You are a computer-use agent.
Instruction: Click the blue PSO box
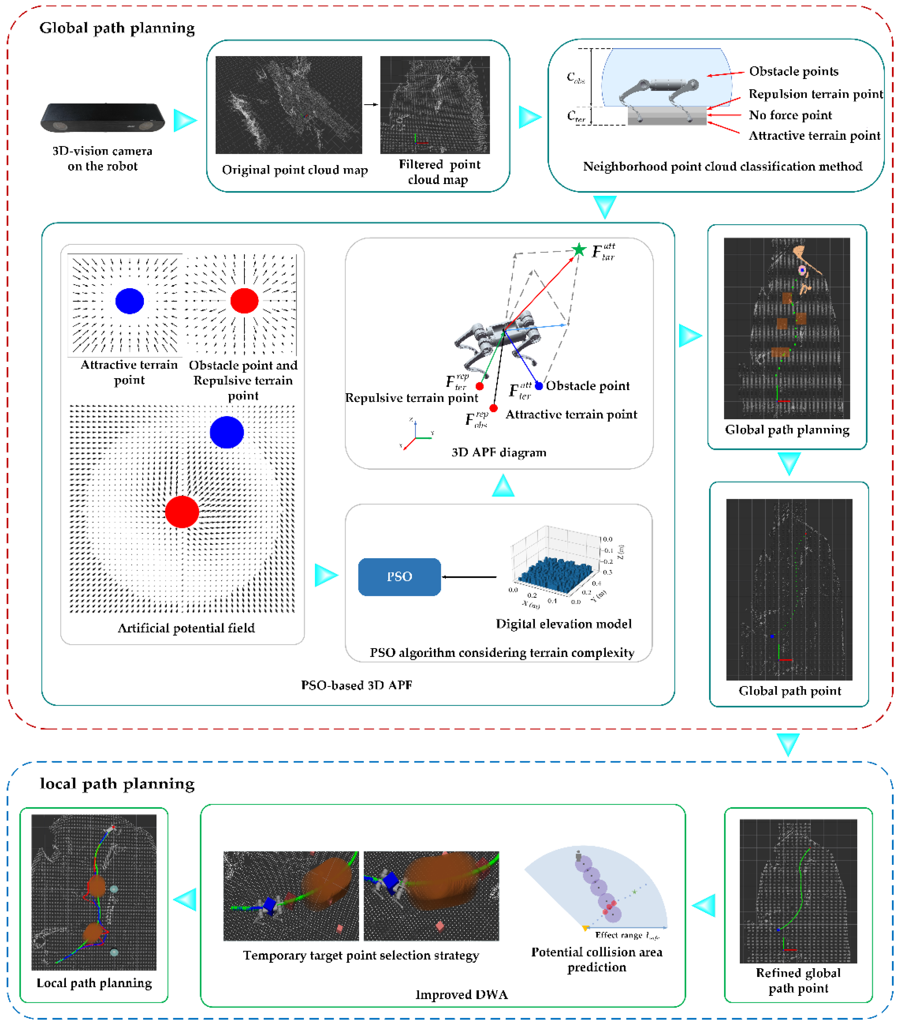[x=399, y=577]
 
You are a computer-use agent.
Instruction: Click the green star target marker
[x=579, y=249]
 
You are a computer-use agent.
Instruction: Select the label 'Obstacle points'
[x=794, y=71]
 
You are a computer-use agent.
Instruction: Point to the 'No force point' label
[x=790, y=115]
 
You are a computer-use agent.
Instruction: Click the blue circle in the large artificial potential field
[x=227, y=432]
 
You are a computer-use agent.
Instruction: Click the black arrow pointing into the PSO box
[x=469, y=577]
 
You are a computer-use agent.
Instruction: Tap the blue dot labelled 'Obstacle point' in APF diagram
[x=539, y=385]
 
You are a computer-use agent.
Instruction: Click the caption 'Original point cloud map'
[x=295, y=170]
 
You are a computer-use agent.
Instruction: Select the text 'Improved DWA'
[x=461, y=994]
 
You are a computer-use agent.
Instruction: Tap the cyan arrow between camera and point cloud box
[x=185, y=120]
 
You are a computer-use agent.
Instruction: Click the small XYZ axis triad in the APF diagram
[x=416, y=435]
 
